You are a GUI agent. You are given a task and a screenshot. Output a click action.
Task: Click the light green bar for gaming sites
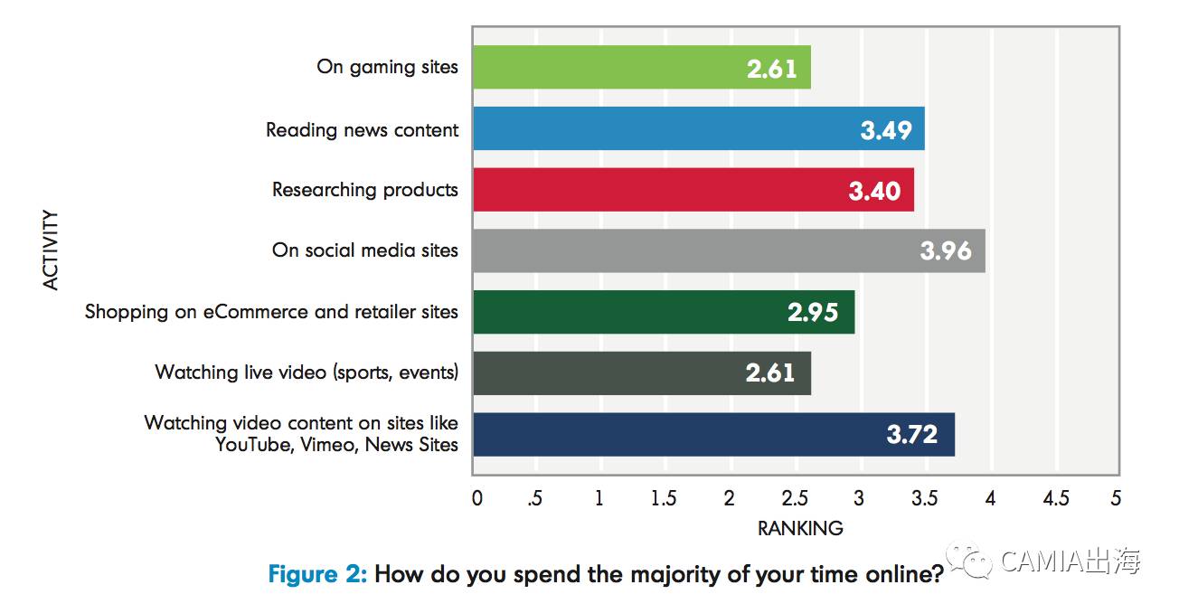click(x=641, y=68)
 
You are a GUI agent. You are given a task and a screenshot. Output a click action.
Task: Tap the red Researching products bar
click(x=693, y=190)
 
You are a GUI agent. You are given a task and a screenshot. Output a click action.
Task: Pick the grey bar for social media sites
click(x=729, y=250)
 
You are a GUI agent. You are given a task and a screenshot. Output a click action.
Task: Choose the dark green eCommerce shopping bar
click(x=663, y=312)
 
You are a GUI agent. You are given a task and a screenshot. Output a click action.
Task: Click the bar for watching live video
click(x=641, y=373)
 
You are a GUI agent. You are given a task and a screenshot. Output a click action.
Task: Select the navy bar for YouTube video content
click(x=713, y=434)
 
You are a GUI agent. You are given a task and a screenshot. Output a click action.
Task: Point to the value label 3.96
click(x=945, y=250)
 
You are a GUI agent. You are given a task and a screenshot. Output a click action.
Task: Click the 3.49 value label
click(x=885, y=130)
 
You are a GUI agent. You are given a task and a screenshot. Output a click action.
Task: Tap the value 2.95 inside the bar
click(x=813, y=313)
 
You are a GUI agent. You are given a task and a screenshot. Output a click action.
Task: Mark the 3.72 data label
click(x=911, y=435)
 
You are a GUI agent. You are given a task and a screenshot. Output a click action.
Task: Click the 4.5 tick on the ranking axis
click(x=1055, y=498)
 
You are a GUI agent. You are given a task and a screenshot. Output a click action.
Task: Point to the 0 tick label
click(x=476, y=498)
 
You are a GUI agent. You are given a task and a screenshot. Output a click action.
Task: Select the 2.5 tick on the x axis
click(x=795, y=498)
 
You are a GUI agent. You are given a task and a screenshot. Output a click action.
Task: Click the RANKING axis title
click(x=799, y=528)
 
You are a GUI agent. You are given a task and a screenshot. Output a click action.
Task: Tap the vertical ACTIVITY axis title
click(x=51, y=250)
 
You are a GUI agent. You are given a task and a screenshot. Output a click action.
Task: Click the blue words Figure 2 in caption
click(x=317, y=574)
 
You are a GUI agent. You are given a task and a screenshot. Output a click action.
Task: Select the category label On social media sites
click(x=364, y=250)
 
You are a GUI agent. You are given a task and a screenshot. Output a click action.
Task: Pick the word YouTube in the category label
click(x=250, y=444)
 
